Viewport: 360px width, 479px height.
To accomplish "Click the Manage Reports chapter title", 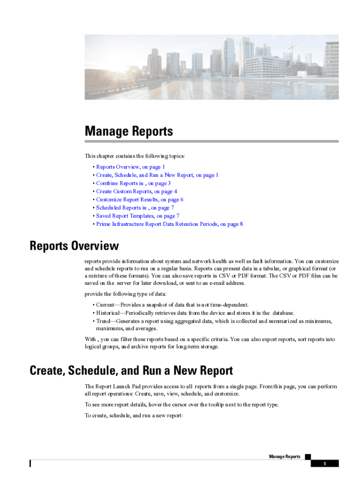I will click(x=129, y=131).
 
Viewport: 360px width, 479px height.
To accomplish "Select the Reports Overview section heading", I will click(x=74, y=246).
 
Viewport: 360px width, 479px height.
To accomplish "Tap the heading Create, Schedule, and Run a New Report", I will click(x=131, y=371).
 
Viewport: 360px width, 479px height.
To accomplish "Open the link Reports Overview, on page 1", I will click(x=130, y=167).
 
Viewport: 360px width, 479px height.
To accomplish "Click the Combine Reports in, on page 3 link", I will click(x=133, y=183).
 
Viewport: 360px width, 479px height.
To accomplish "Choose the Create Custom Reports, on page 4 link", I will click(x=137, y=191).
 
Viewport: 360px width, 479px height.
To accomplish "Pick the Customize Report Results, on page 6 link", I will click(x=139, y=200).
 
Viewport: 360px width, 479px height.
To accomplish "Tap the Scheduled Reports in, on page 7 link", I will click(x=135, y=208).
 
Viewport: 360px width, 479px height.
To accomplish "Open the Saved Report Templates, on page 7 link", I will click(x=137, y=216).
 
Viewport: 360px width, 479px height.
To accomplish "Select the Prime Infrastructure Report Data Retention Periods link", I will click(x=169, y=224).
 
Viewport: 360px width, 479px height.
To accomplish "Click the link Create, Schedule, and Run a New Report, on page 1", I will click(x=157, y=175).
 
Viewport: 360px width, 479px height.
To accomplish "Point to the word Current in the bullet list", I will click(x=106, y=305).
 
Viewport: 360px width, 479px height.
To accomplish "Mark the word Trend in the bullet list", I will click(x=104, y=321).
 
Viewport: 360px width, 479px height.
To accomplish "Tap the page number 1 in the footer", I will click(x=324, y=464).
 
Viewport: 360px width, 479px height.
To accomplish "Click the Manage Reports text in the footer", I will click(x=285, y=457).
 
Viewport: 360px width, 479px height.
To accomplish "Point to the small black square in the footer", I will click(x=308, y=456).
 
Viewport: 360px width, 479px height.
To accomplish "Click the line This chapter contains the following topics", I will click(x=135, y=156).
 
